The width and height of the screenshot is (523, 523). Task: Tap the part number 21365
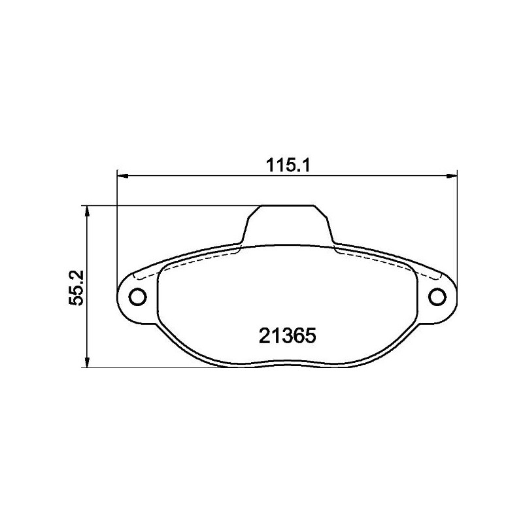(x=288, y=335)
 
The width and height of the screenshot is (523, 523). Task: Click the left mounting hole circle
(x=138, y=297)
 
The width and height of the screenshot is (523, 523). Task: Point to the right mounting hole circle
(x=437, y=297)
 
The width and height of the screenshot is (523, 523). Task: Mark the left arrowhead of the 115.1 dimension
(x=122, y=175)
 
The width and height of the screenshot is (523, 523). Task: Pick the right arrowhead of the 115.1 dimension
(x=452, y=175)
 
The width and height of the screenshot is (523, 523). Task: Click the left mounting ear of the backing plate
(x=134, y=297)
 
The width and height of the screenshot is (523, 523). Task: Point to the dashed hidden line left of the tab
(x=196, y=260)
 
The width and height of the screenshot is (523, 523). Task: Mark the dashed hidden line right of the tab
(x=379, y=260)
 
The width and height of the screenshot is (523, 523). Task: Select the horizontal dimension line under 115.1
(x=196, y=175)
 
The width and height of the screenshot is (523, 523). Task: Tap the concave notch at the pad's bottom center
(x=288, y=363)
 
